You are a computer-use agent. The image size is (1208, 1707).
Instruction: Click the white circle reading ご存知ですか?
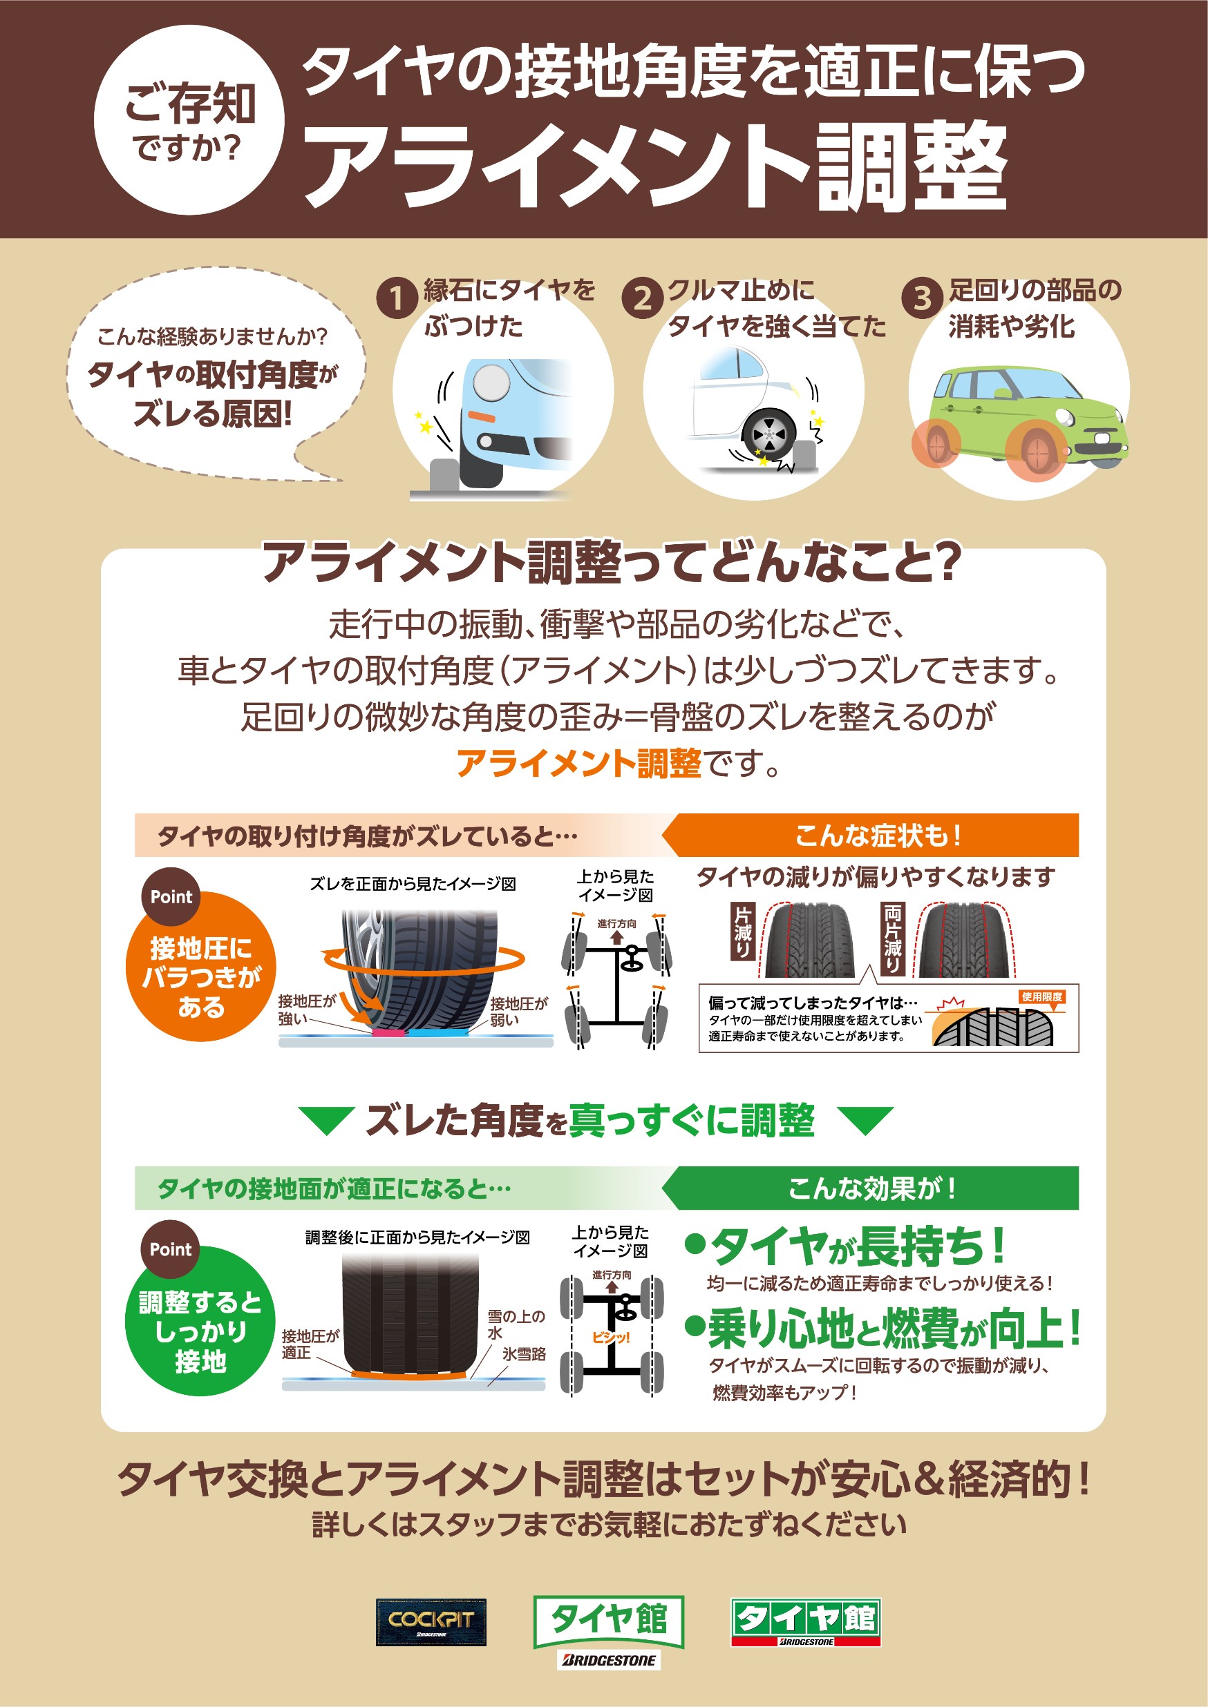click(x=189, y=119)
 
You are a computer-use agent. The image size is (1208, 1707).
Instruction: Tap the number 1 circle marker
click(x=397, y=298)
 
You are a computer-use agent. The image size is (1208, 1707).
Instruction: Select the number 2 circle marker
click(x=642, y=298)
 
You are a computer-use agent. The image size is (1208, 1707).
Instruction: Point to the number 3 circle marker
click(x=923, y=298)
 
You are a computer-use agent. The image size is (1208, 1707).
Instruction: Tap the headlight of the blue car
click(x=491, y=382)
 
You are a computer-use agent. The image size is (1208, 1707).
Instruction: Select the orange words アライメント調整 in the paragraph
click(x=578, y=764)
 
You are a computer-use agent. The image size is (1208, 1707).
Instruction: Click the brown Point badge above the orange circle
click(x=171, y=896)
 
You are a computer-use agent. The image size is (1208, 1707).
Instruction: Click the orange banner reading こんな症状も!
click(x=870, y=835)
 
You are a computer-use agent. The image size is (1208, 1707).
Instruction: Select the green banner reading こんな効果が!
click(x=870, y=1188)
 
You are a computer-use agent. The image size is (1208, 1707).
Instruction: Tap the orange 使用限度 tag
click(x=1042, y=997)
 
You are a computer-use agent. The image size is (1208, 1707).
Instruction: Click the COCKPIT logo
click(x=431, y=1622)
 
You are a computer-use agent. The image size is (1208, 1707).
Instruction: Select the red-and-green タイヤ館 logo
click(x=806, y=1622)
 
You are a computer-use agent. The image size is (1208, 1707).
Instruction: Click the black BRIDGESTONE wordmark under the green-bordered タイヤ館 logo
click(x=608, y=1660)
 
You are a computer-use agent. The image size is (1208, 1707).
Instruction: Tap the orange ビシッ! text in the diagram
click(x=611, y=1338)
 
